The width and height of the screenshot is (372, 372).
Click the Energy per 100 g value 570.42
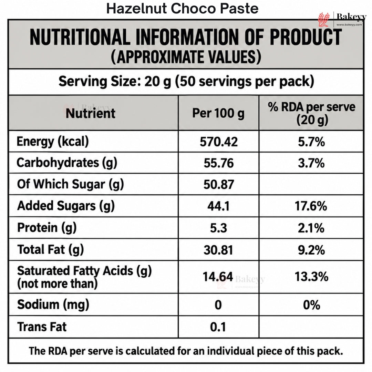(x=218, y=142)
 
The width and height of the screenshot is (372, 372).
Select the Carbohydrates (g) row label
(x=67, y=163)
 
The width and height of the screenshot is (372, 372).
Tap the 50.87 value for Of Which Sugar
(x=219, y=185)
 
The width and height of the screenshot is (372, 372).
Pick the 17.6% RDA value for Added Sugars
(x=311, y=206)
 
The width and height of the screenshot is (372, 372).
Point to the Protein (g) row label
(x=47, y=228)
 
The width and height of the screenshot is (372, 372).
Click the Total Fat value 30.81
(x=218, y=250)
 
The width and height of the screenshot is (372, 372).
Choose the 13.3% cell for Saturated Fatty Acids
(x=311, y=277)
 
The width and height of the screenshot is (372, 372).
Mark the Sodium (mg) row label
(x=53, y=304)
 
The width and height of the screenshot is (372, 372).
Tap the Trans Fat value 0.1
(x=218, y=327)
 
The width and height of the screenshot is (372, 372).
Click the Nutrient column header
(x=91, y=113)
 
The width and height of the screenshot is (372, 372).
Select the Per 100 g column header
(x=218, y=113)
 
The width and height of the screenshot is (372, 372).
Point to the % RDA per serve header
(x=311, y=113)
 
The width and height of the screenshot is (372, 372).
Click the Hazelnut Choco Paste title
(x=182, y=9)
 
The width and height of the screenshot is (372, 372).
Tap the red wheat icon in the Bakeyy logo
(x=324, y=19)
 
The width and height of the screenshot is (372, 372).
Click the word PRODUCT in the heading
(x=306, y=37)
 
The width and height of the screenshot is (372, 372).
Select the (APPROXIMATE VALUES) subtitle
(x=186, y=57)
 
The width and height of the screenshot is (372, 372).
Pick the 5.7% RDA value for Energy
(x=311, y=142)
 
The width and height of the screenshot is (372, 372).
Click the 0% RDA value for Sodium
(x=311, y=305)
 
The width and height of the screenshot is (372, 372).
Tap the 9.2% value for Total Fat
(x=311, y=250)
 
